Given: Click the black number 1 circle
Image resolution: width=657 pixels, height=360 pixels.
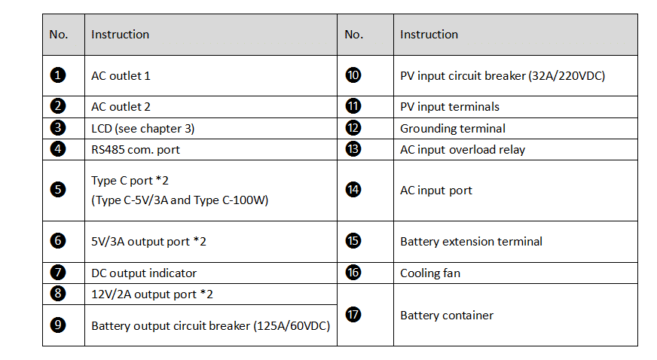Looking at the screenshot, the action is pos(58,75).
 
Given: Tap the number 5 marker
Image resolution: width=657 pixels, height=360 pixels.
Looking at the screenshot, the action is pos(58,190).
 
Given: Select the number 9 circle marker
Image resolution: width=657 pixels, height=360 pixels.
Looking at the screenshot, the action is pos(58,325).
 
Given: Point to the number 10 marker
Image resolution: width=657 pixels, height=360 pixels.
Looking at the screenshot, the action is pos(353,75).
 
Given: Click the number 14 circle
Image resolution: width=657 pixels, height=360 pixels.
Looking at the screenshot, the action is pos(353,190).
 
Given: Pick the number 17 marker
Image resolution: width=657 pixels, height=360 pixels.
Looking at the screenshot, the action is pos(353,314).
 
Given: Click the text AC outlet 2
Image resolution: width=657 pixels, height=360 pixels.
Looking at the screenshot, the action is pos(121,107).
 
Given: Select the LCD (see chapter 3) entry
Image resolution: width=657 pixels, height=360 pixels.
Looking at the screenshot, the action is pos(143,129).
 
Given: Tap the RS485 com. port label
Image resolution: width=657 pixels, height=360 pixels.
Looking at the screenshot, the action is pos(136,149).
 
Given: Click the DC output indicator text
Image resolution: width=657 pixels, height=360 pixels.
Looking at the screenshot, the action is pos(144,273).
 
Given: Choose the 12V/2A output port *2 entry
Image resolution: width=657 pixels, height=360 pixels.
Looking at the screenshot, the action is pos(152,294).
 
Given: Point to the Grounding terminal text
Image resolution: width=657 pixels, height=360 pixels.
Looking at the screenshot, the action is pos(453,129).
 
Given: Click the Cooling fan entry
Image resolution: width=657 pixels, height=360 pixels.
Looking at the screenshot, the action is pos(430,273).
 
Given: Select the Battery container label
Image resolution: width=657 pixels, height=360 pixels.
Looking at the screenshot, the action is pos(447,316).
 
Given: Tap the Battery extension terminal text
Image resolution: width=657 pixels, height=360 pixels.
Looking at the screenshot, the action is pos(471,242).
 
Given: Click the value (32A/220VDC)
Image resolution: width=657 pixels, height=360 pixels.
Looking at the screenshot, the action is pos(567,76).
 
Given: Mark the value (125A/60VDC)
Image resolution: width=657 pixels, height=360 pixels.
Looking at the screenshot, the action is pos(292,325).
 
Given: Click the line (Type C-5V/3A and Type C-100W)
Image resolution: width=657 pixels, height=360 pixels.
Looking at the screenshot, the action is pos(180,200).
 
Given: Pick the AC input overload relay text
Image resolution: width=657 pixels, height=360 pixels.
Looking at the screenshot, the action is pos(463,149).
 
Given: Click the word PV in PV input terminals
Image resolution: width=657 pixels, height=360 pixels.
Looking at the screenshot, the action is pos(407,107).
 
